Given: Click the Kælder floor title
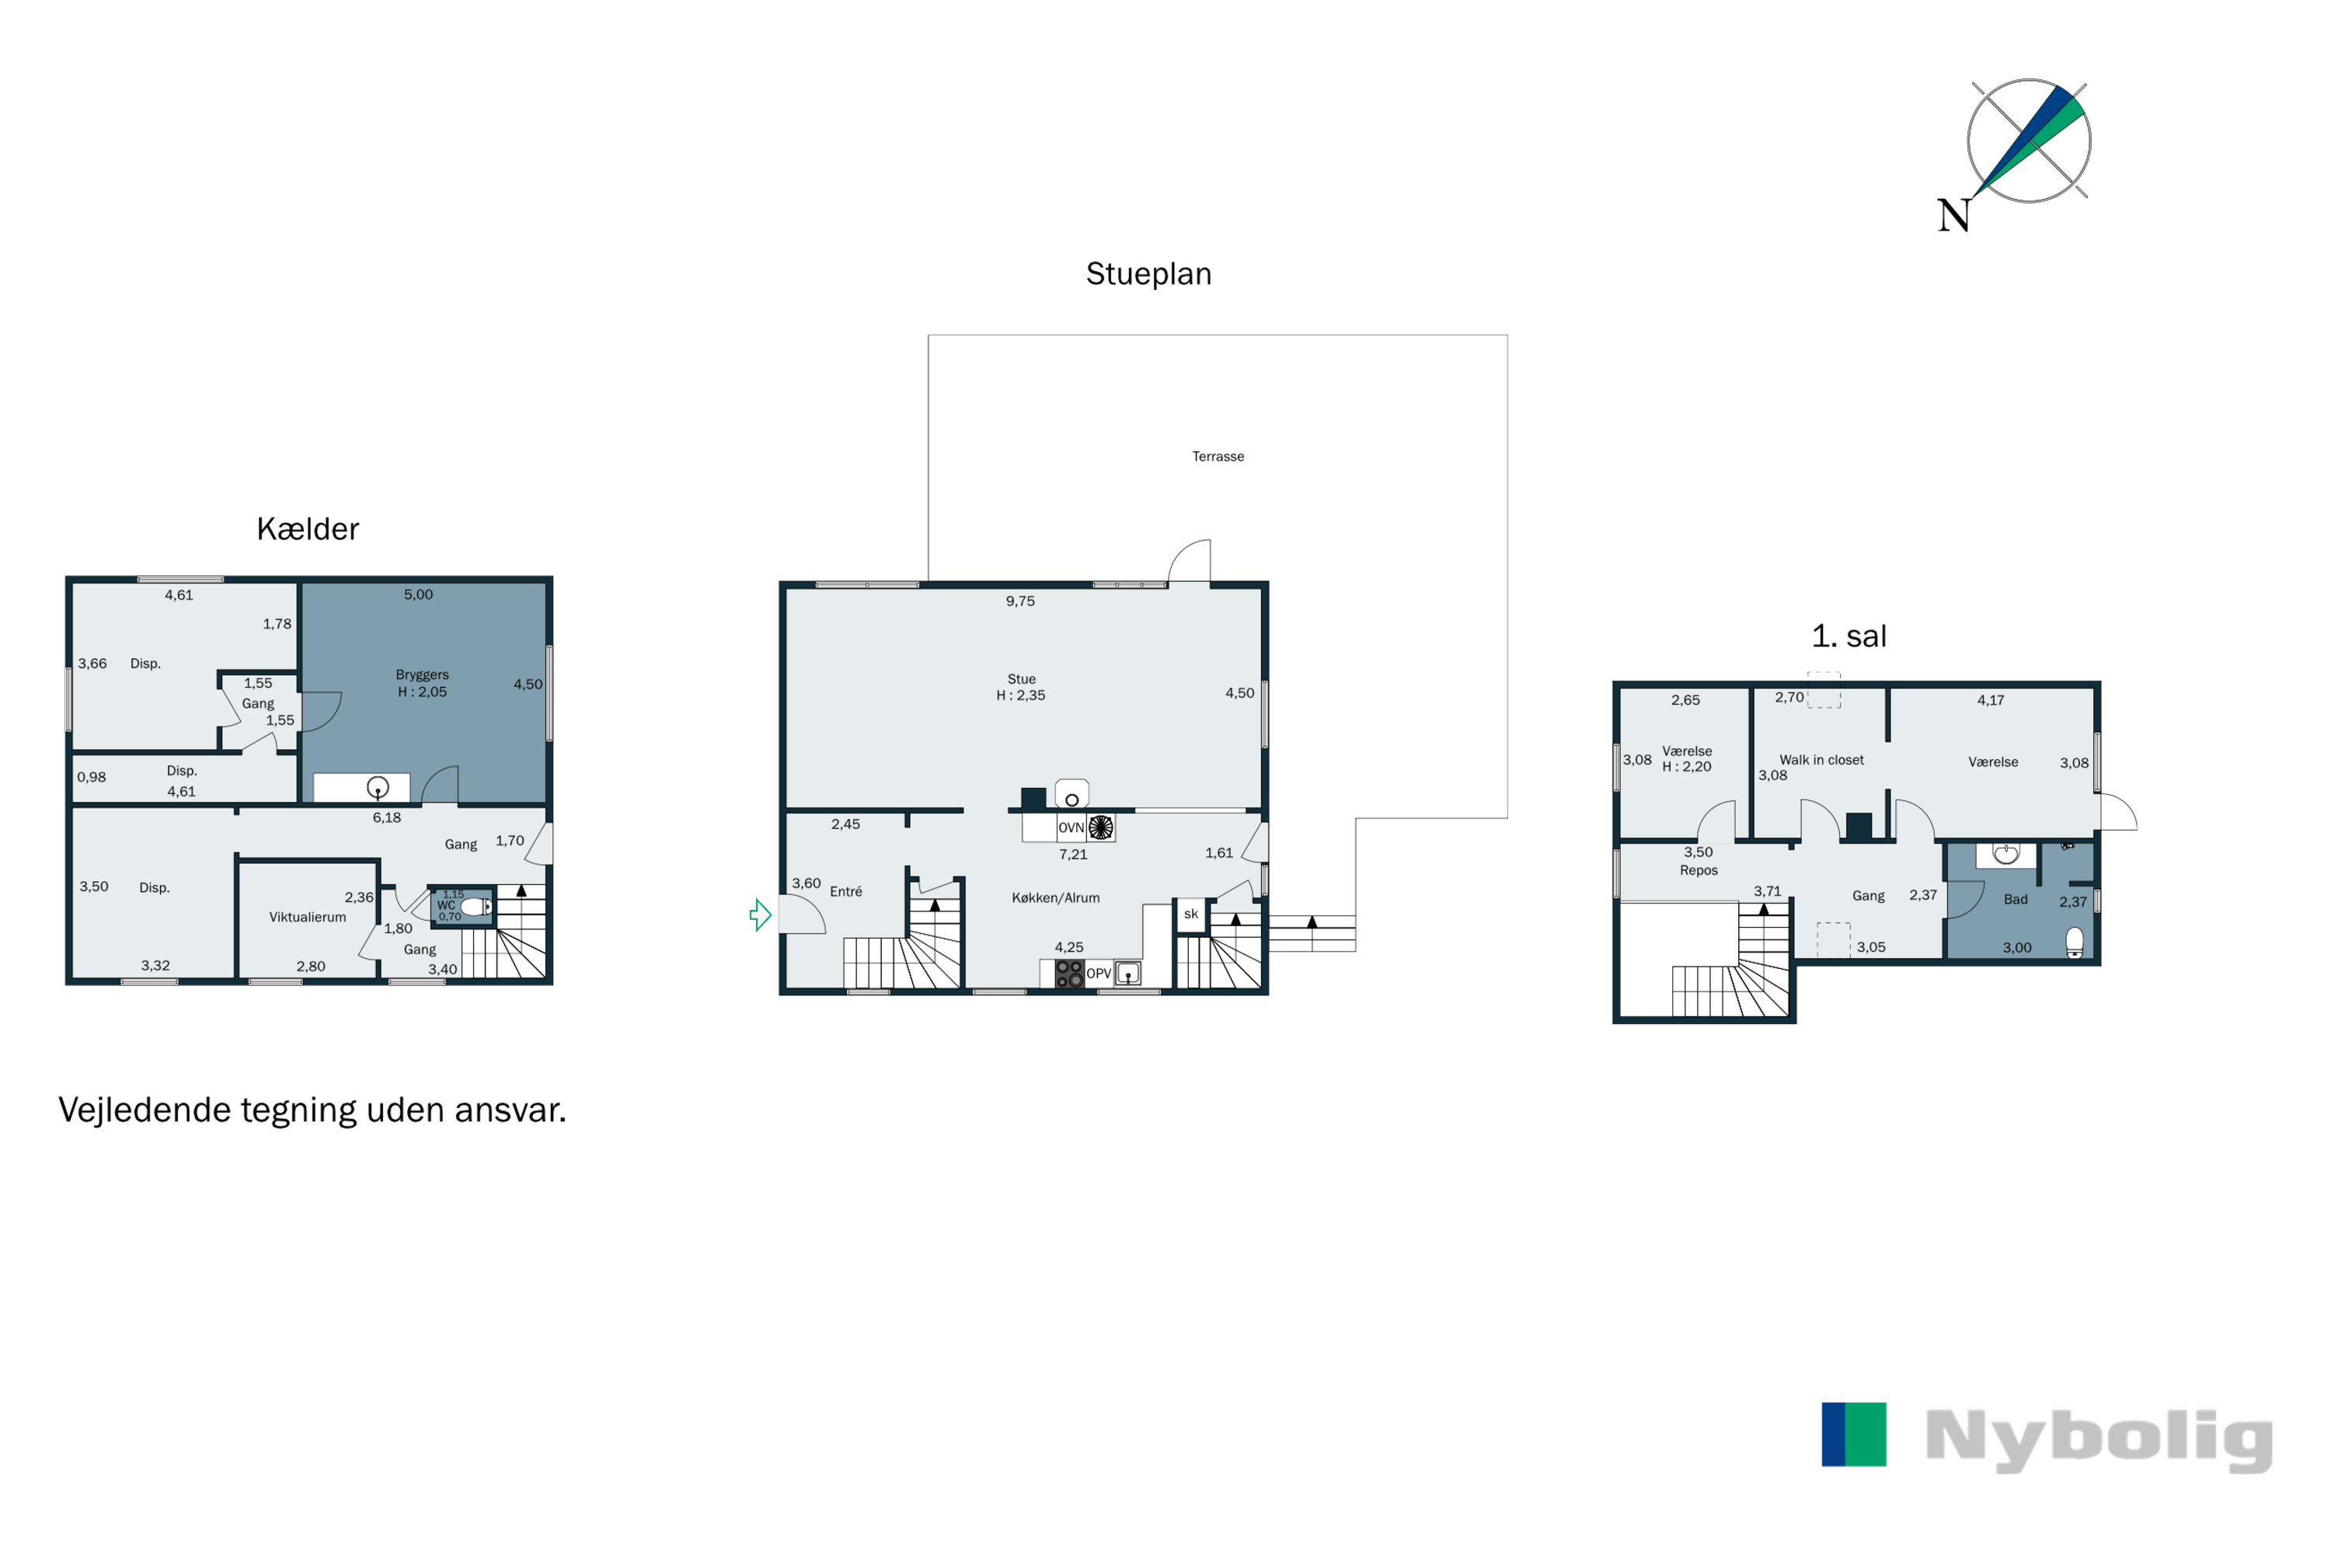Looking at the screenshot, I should [x=307, y=529].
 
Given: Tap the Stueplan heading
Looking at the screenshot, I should [x=1148, y=274].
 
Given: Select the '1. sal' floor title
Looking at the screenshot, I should [x=1848, y=636].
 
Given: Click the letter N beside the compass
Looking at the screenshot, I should [x=1953, y=216].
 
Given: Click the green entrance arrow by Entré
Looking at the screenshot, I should [x=760, y=914].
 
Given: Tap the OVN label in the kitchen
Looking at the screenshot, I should [x=1071, y=828].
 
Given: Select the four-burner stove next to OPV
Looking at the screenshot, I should [x=1068, y=974].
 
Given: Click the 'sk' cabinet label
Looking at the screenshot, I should [x=1190, y=914].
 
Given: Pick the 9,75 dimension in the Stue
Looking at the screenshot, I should [x=1019, y=601].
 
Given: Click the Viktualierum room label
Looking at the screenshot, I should [x=307, y=918].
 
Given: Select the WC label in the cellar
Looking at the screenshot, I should [x=446, y=905].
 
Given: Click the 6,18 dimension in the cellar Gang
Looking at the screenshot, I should [x=386, y=817].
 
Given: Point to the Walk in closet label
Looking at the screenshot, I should [x=1821, y=760].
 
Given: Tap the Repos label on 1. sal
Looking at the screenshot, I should [x=1698, y=870].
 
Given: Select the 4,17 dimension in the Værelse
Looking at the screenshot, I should [x=1990, y=701].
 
